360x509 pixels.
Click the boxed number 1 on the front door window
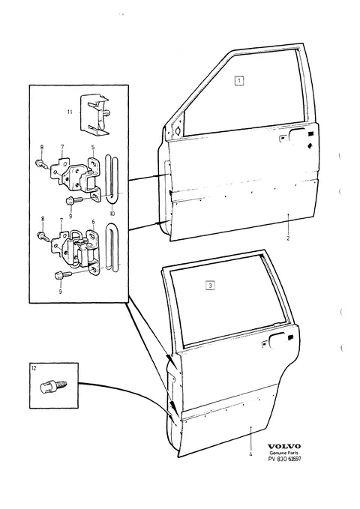[239, 80]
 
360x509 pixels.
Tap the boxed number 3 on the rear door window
[211, 286]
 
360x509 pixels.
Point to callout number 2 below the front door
[288, 238]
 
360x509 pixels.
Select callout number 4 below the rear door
[250, 454]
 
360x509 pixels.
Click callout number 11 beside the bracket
[70, 112]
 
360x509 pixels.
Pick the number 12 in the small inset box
[34, 368]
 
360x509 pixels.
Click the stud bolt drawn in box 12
[53, 386]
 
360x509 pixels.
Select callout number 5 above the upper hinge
[93, 148]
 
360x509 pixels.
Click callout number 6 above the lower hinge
[93, 222]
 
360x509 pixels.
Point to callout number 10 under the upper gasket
[112, 214]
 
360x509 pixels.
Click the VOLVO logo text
[284, 447]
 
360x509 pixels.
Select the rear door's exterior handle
[277, 340]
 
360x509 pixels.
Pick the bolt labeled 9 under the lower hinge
[63, 276]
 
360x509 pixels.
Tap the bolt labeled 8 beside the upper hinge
[41, 163]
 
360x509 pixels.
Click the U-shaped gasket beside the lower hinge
[112, 247]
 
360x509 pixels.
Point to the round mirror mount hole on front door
[178, 130]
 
